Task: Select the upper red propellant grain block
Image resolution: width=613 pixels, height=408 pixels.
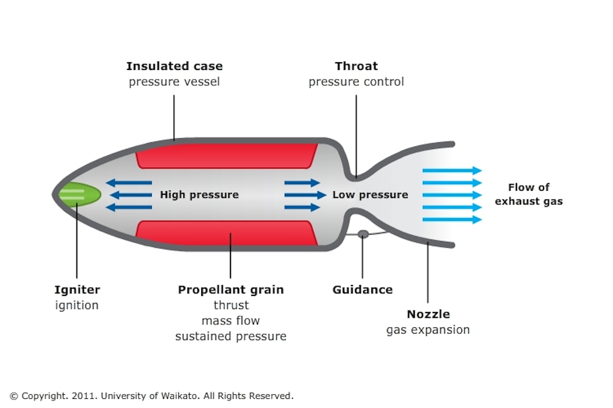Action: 226,156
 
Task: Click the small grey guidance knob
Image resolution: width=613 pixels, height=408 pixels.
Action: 363,234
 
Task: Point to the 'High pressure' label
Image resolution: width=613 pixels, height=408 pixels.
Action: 199,195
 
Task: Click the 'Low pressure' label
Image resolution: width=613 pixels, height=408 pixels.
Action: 370,195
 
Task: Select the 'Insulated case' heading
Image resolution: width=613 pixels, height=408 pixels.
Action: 174,66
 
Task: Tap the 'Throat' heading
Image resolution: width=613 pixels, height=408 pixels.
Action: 356,66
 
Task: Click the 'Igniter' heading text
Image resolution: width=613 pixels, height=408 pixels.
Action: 77,290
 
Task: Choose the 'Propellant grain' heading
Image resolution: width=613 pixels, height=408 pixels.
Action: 231,290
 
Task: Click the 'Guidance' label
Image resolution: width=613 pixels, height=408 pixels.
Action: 363,290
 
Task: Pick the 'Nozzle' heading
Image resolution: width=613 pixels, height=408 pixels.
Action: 428,314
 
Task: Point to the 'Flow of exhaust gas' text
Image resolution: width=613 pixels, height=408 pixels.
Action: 529,194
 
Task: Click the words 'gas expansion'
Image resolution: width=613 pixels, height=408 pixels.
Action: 428,330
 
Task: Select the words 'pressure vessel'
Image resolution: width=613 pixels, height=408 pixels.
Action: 174,82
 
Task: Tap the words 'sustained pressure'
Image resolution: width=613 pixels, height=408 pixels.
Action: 231,337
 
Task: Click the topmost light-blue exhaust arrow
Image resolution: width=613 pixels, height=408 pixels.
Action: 452,171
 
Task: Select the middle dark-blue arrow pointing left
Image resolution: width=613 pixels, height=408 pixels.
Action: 131,195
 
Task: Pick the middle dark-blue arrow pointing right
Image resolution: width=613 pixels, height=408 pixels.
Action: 305,195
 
